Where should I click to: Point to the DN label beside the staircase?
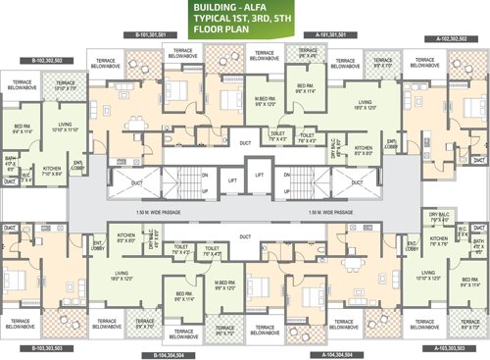click(x=205, y=176)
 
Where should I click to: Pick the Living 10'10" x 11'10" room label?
click(x=64, y=128)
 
